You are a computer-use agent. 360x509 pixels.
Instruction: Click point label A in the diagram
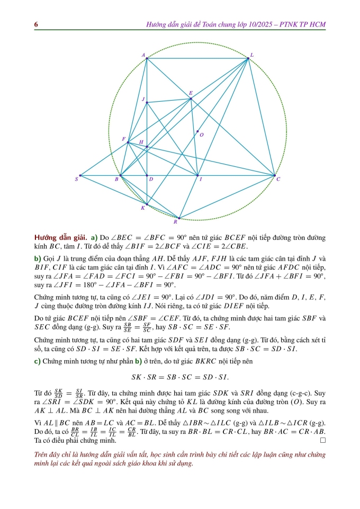143,55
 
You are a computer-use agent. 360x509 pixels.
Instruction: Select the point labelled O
201,135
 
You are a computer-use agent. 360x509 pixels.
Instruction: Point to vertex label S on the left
76,180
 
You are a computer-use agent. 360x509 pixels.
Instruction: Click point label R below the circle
176,223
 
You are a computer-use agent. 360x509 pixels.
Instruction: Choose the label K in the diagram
142,208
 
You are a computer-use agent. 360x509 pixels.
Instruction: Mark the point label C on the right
278,180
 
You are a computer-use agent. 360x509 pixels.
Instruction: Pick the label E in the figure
191,93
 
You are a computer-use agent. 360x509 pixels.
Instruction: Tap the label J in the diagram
143,99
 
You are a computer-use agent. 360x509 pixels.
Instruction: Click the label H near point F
141,142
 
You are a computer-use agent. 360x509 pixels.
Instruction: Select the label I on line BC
200,180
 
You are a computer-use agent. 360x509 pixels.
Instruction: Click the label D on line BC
150,180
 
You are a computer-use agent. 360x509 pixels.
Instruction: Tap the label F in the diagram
124,139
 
